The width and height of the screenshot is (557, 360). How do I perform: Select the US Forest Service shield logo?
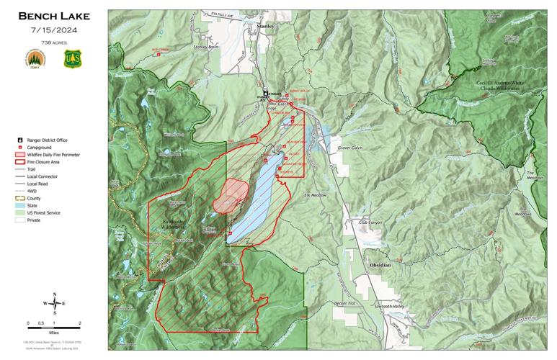pyautogui.click(x=71, y=59)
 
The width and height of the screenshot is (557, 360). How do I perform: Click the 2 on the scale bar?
pyautogui.click(x=79, y=323)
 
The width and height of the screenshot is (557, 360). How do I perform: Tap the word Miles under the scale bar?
pyautogui.click(x=53, y=333)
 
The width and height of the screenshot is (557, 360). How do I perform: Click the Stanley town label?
pyautogui.click(x=265, y=26)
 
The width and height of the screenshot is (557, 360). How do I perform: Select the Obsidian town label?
pyautogui.click(x=380, y=265)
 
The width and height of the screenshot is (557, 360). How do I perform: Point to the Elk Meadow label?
pyautogui.click(x=316, y=195)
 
